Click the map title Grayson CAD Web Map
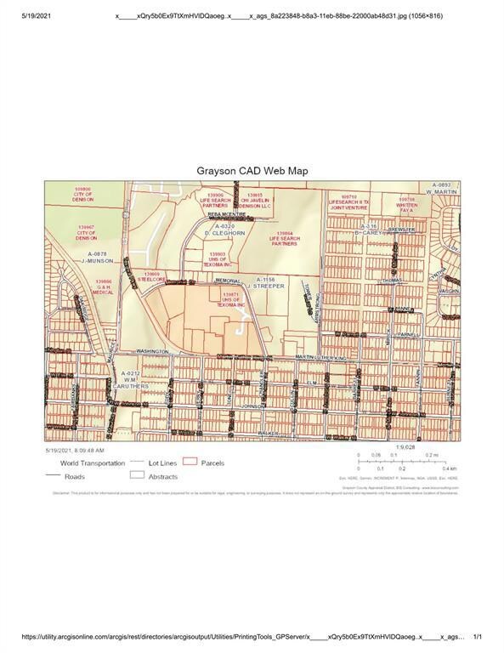(252, 170)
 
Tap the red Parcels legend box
(190, 462)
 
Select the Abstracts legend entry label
(163, 477)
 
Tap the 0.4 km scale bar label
(449, 468)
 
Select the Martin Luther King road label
(322, 357)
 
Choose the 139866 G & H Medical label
(105, 286)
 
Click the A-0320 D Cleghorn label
(224, 229)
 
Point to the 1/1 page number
(478, 636)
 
